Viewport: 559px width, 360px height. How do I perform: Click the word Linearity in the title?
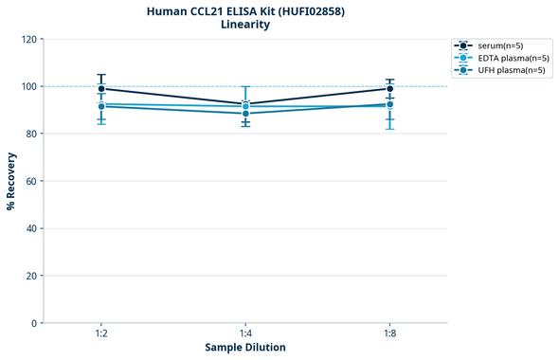(x=245, y=25)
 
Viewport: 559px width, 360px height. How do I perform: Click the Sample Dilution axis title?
(x=245, y=348)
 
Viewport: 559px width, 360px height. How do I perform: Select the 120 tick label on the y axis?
(x=27, y=40)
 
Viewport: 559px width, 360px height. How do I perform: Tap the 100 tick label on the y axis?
(x=27, y=87)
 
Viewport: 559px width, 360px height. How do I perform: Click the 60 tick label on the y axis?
(x=30, y=181)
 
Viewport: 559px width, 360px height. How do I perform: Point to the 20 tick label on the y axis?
(x=30, y=276)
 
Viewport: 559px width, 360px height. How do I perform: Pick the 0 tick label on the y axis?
(x=33, y=323)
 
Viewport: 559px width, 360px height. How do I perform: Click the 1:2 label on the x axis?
(x=101, y=333)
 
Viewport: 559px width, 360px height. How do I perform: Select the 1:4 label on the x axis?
(x=245, y=333)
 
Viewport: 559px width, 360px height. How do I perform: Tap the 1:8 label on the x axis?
(x=390, y=333)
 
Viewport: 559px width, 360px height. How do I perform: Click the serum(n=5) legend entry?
(x=500, y=45)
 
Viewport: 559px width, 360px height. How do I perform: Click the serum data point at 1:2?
(x=101, y=88)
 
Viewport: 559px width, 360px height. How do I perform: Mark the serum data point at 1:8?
(x=390, y=88)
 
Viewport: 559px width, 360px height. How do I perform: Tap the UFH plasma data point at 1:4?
(x=245, y=114)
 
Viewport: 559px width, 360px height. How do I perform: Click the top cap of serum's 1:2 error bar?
(x=101, y=75)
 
